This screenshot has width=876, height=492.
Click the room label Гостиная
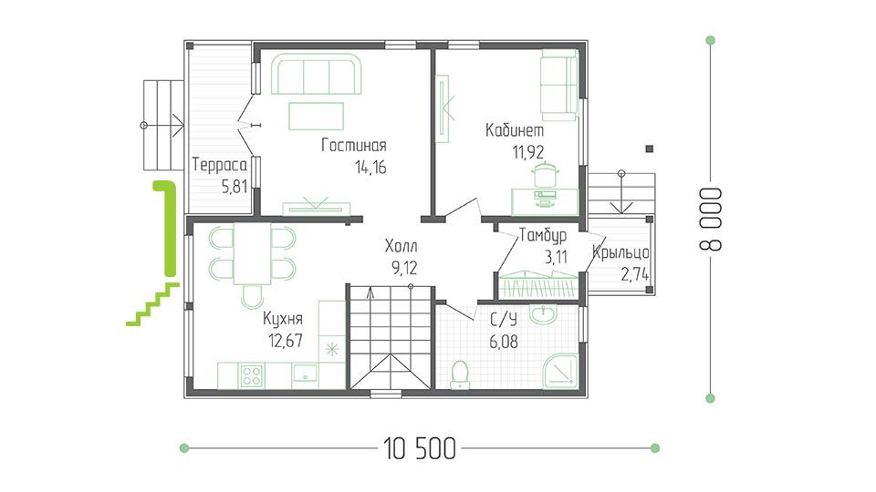(354, 146)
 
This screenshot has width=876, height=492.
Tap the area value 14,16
(370, 168)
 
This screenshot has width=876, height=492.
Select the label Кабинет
(515, 130)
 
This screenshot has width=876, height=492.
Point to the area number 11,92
(528, 152)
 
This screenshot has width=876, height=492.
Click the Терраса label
(220, 165)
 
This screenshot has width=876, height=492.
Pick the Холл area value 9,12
(404, 268)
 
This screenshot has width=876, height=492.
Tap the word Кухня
(283, 319)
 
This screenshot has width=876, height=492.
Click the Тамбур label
(543, 235)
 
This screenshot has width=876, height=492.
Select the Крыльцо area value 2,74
(635, 274)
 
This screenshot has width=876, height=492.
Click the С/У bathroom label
(504, 320)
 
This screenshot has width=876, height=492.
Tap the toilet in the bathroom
(460, 374)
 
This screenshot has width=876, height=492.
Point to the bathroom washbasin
(543, 314)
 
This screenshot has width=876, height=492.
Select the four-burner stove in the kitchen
(252, 375)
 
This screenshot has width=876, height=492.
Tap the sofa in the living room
(317, 74)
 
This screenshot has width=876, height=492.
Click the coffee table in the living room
(317, 117)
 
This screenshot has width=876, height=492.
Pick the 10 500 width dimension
(420, 448)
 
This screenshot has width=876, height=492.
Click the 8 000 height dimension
(711, 220)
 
